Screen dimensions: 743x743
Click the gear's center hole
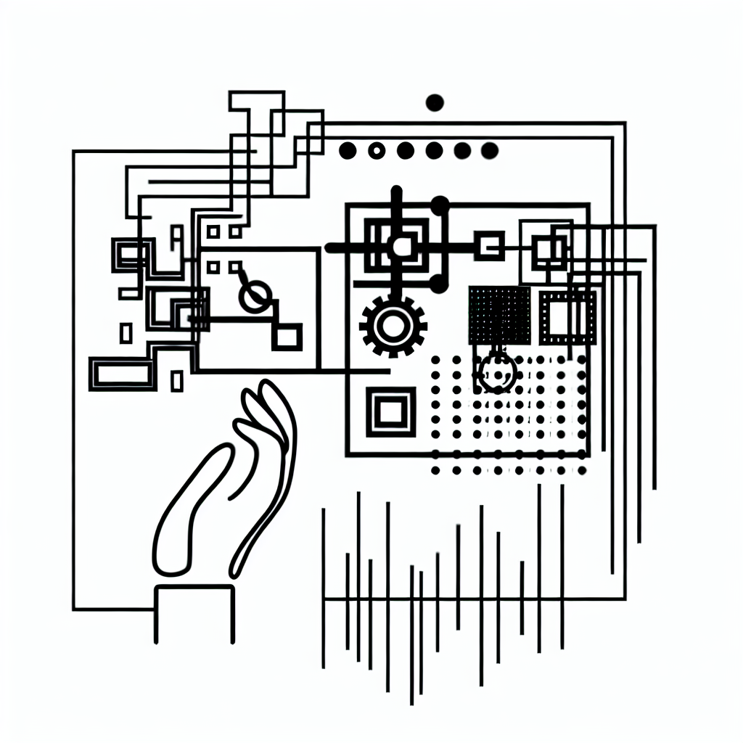pos(393,326)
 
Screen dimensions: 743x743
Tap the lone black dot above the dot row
pos(435,102)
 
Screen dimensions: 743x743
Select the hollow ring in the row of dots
pos(376,150)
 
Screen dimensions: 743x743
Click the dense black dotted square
pos(499,315)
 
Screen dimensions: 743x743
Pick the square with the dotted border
pos(567,317)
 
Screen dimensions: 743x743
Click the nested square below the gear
pos(390,412)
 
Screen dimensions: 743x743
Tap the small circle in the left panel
pos(255,295)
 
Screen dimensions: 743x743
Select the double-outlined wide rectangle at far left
pos(122,374)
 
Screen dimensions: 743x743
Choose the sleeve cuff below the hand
pos(194,613)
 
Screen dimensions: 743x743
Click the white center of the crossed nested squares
pos(400,247)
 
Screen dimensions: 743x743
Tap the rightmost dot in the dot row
pos(490,150)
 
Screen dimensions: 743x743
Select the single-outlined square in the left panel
pos(287,337)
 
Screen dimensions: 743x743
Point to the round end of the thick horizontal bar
pos(332,248)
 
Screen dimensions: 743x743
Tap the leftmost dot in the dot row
pos(348,150)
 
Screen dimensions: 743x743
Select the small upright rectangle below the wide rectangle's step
pos(177,380)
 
